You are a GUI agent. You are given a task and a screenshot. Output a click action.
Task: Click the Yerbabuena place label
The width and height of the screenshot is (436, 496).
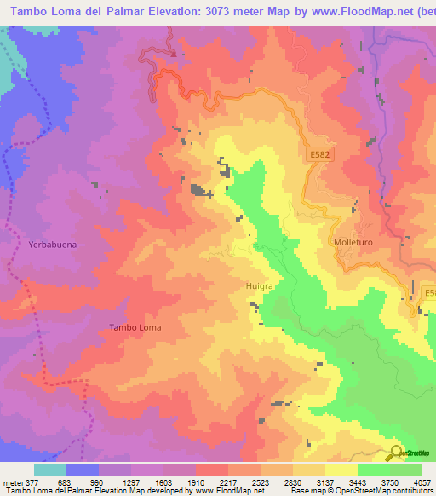click(52, 245)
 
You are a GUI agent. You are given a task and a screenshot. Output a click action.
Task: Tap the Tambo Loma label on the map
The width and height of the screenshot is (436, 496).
click(135, 327)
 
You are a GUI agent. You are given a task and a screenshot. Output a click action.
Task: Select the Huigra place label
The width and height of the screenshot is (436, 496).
click(259, 287)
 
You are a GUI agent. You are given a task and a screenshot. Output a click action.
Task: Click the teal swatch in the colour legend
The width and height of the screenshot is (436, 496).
click(49, 470)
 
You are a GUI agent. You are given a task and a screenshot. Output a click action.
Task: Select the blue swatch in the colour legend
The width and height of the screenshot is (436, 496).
click(82, 470)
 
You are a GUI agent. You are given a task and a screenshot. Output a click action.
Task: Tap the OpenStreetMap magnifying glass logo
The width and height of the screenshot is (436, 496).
click(395, 452)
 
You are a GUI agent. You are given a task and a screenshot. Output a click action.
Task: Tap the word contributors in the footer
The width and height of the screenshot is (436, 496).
click(412, 490)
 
